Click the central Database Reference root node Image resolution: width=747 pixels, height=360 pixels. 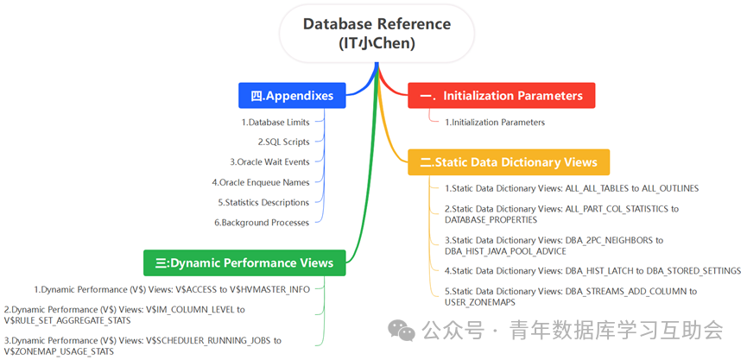pos(377,34)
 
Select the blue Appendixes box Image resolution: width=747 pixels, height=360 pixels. pos(292,96)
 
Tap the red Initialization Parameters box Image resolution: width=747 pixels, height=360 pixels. pos(501,96)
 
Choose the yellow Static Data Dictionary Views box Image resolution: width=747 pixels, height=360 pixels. pos(509,162)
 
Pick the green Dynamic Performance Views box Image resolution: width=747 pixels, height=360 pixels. pos(244,262)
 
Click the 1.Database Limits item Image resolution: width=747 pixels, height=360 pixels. pos(275,123)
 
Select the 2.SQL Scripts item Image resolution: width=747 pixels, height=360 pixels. pos(283,142)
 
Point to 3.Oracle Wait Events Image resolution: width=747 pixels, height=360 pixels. pos(269,162)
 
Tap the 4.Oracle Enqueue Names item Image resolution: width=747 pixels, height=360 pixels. pos(261,182)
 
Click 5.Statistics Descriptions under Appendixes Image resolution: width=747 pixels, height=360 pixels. pos(263,202)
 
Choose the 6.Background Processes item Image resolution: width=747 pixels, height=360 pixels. pos(262,223)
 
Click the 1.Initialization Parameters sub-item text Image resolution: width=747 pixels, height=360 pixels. pos(495,123)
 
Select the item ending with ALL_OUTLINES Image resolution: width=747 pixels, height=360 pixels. pos(572,188)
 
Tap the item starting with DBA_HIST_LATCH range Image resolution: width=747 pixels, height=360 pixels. pos(592,271)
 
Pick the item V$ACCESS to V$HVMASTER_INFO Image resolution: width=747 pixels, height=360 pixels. pos(172,289)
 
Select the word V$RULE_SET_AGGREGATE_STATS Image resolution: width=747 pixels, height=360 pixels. pos(66,320)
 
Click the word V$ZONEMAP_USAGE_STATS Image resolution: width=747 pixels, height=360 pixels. pos(59,352)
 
